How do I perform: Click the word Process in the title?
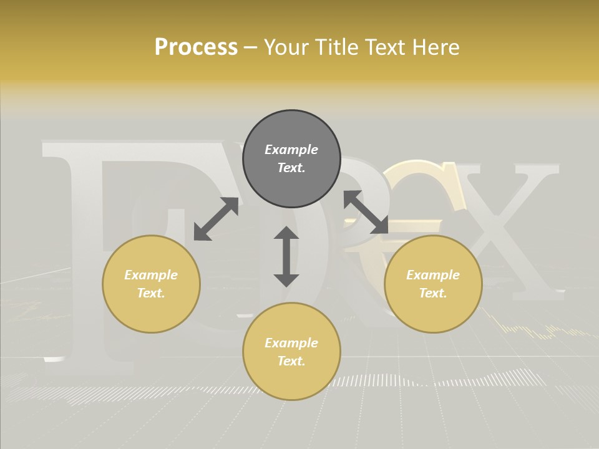196,47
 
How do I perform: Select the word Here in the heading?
434,47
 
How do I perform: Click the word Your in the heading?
286,47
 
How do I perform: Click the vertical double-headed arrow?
286,256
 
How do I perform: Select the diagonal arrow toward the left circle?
216,219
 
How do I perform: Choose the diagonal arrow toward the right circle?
366,212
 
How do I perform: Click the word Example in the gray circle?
291,150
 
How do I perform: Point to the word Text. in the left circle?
151,293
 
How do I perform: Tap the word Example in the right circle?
433,275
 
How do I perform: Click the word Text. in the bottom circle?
291,361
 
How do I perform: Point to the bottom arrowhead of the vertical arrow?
286,280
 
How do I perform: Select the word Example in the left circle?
151,275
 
